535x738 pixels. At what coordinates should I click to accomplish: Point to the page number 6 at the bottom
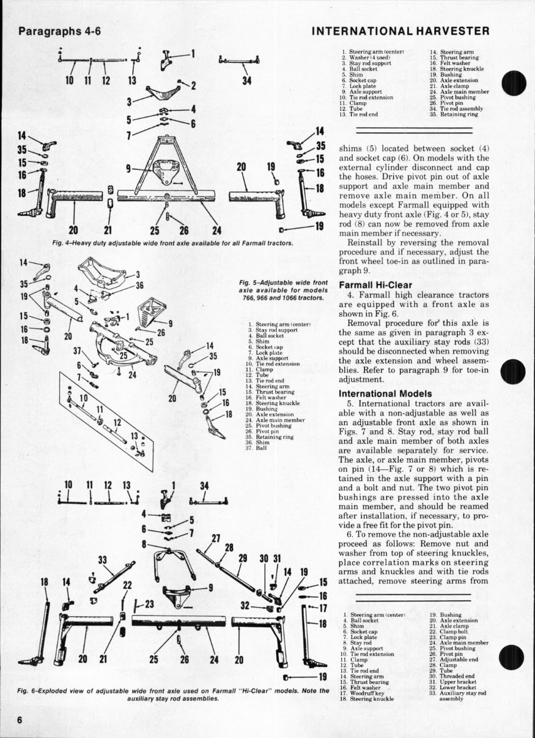click(x=20, y=720)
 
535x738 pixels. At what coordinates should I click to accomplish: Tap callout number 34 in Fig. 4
click(x=247, y=81)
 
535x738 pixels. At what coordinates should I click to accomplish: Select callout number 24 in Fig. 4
click(x=216, y=230)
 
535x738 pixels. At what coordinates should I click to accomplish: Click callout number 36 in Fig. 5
click(x=139, y=285)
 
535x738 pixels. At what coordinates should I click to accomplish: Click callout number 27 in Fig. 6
click(x=215, y=538)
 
